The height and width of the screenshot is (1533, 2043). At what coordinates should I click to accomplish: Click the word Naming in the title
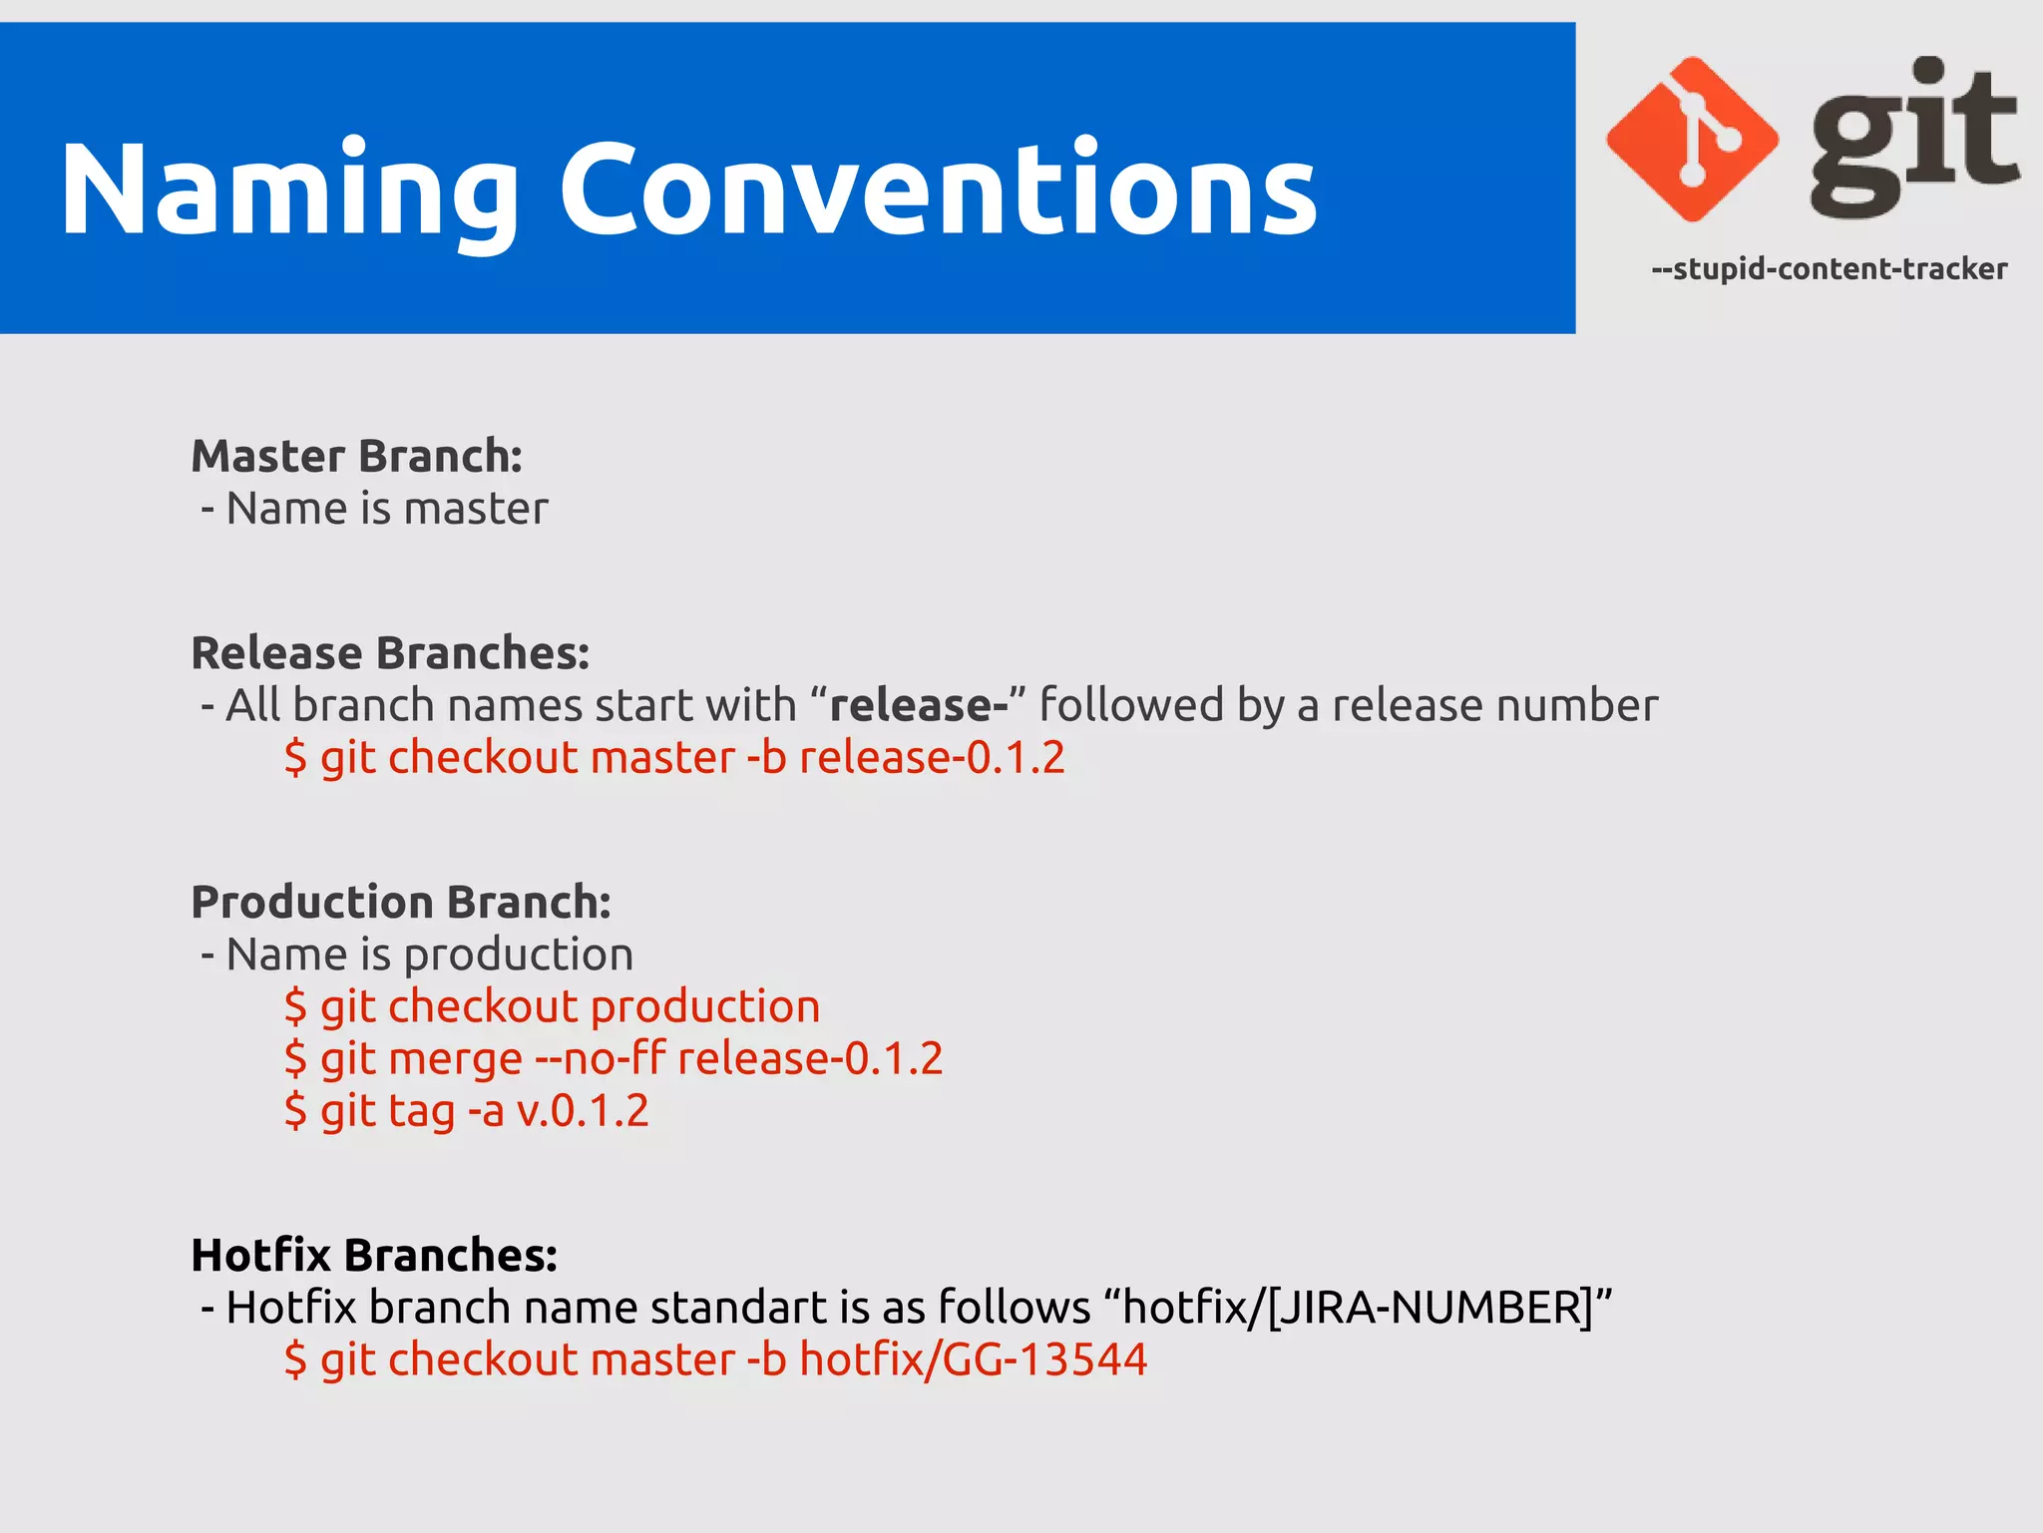(289, 190)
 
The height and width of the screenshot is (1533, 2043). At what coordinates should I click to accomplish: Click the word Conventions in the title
(938, 190)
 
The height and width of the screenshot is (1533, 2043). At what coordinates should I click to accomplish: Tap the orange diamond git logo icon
(1692, 140)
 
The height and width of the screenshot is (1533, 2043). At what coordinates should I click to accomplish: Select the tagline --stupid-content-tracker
(1829, 269)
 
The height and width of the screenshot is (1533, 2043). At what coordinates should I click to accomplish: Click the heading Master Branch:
(356, 457)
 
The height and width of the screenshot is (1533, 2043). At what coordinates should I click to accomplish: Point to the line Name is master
(386, 509)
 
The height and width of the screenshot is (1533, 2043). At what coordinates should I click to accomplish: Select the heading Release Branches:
(390, 653)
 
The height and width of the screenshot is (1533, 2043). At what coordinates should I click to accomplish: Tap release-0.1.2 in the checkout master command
(932, 758)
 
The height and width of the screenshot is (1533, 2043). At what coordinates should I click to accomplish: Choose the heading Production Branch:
(400, 903)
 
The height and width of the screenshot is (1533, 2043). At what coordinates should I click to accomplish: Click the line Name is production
(429, 955)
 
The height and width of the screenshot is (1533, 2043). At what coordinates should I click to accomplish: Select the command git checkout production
(569, 1006)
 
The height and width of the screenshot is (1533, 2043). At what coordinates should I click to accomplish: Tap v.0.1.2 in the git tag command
(583, 1111)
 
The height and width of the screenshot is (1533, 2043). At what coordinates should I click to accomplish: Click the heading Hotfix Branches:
(373, 1256)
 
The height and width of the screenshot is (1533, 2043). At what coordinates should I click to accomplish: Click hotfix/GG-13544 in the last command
(973, 1360)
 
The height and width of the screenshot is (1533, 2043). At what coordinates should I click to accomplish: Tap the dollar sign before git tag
(295, 1111)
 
